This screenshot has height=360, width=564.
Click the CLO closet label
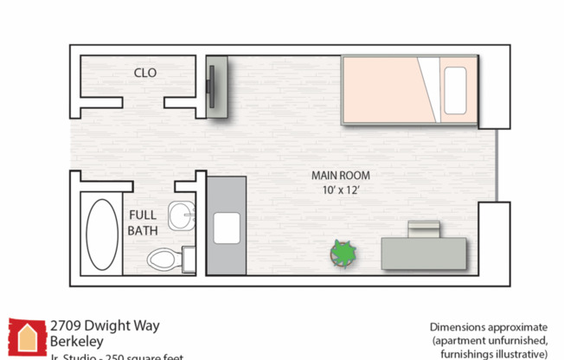click(x=145, y=73)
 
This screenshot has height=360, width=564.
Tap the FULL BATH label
click(x=142, y=222)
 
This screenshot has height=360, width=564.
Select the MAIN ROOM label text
click(x=340, y=175)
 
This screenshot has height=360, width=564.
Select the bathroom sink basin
click(x=182, y=215)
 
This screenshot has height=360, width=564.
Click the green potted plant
click(x=343, y=254)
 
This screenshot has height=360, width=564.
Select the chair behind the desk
click(x=424, y=228)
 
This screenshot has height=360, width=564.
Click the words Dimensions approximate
click(x=489, y=327)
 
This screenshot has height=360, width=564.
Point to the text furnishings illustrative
click(x=494, y=354)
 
